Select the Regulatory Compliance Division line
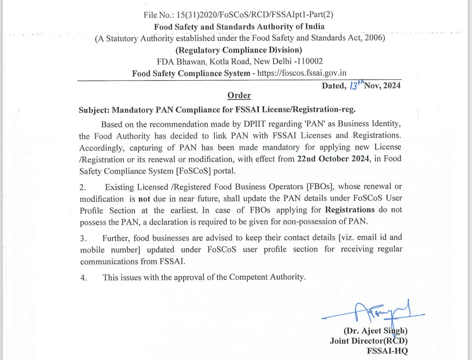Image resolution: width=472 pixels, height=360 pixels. (239, 50)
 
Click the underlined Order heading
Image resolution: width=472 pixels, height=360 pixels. (239, 96)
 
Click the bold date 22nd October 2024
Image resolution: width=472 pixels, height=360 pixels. (332, 159)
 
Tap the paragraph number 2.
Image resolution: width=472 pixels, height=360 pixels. (83, 188)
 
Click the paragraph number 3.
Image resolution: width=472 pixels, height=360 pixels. (83, 238)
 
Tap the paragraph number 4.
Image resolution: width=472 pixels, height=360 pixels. (83, 277)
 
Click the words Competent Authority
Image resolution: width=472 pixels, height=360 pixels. (269, 277)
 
